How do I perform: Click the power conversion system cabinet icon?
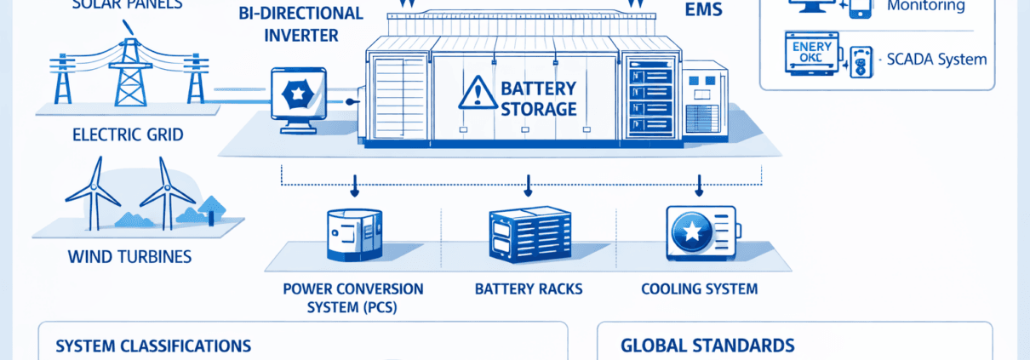point(354,235)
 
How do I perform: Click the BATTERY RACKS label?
point(529,289)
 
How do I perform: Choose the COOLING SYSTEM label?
point(699,289)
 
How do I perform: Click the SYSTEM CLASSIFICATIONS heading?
point(153,346)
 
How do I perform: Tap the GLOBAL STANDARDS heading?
point(708,346)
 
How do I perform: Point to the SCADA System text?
point(936,60)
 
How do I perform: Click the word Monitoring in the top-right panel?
point(926,6)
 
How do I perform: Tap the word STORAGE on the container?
point(539,109)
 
